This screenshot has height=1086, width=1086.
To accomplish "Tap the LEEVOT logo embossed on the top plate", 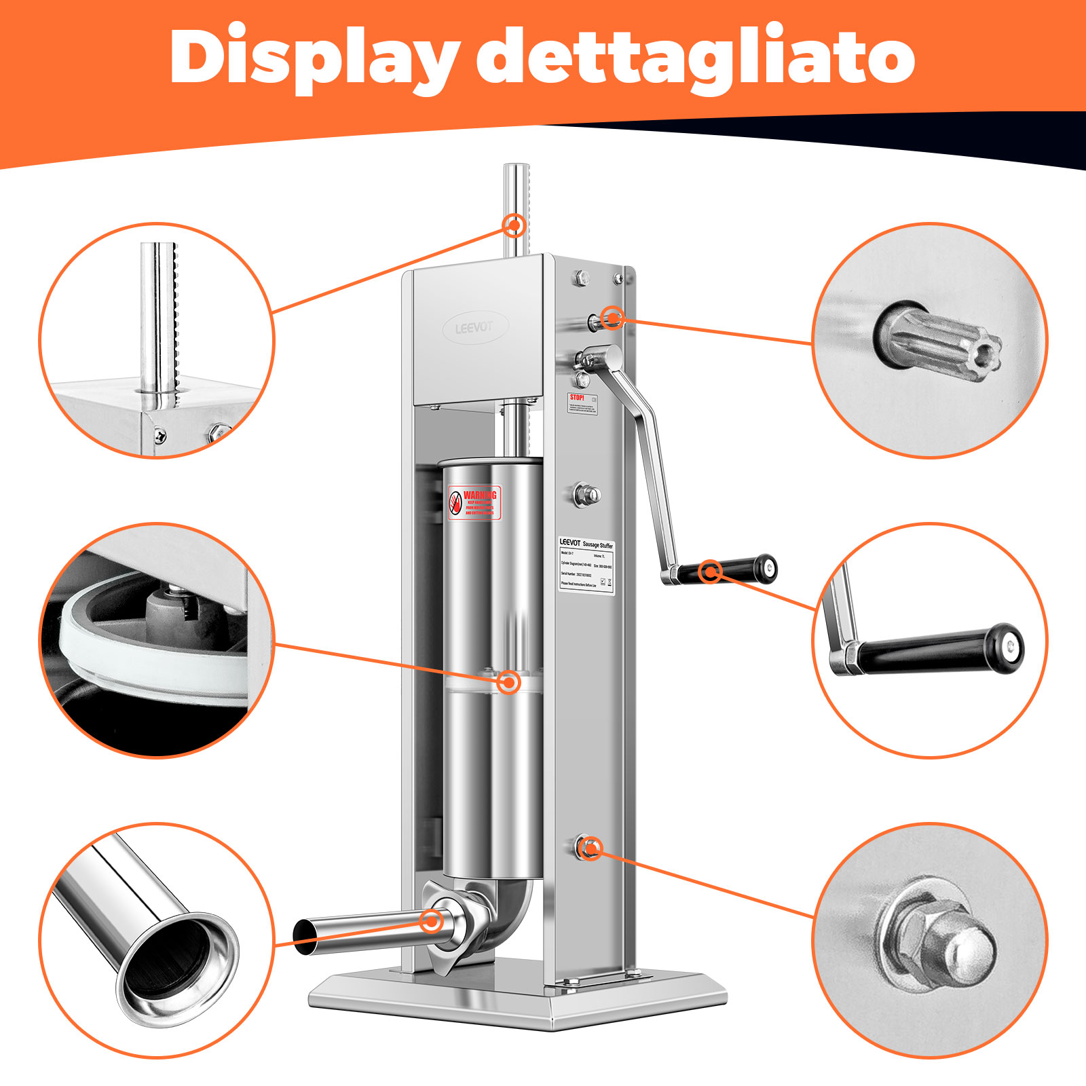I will (x=474, y=328).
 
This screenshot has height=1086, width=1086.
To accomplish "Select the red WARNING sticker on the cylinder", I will (x=475, y=503).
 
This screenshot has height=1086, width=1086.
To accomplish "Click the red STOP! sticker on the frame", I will (x=582, y=403).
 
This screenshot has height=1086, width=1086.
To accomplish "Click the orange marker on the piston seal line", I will (x=508, y=681).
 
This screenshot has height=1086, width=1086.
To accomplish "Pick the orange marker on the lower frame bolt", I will (x=591, y=848).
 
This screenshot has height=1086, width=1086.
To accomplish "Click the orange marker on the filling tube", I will (x=432, y=921).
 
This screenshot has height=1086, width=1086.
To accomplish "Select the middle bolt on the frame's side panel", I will (x=585, y=494).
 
